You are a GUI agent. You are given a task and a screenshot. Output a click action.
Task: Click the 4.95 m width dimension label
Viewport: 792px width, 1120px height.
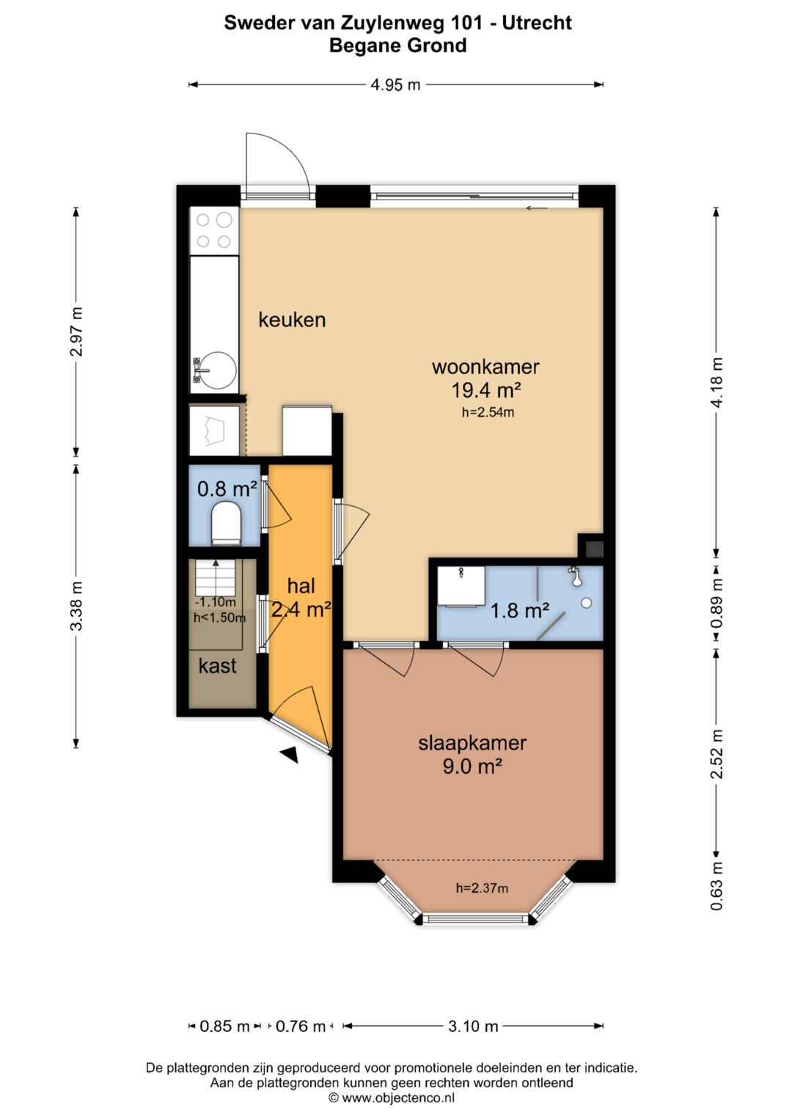(395, 85)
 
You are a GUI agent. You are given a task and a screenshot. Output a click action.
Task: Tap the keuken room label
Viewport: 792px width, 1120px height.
(292, 320)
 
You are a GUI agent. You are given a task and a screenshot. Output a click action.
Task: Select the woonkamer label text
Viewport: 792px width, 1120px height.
(485, 367)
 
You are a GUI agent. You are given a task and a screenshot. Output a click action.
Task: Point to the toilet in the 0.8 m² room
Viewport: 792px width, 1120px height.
(227, 524)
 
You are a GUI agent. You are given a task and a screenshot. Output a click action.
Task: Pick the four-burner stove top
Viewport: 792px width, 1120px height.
(214, 230)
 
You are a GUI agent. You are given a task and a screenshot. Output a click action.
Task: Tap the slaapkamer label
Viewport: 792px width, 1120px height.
(472, 744)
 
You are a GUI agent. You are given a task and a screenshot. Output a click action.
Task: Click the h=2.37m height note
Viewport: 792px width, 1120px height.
(482, 888)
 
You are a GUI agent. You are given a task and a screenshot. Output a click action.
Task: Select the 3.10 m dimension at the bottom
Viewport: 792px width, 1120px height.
(473, 1026)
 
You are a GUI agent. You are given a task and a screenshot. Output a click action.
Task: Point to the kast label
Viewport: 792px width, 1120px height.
(218, 665)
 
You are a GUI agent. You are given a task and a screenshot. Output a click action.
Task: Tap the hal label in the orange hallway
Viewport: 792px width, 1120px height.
(301, 586)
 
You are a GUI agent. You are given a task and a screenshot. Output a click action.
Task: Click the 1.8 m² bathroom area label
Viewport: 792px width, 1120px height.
(519, 610)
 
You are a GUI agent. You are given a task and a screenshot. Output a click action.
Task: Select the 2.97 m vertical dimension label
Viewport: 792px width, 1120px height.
(76, 332)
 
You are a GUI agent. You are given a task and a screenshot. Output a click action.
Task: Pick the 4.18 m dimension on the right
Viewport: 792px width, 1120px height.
(716, 382)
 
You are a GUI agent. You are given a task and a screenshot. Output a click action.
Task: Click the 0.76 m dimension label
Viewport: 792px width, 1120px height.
(301, 1026)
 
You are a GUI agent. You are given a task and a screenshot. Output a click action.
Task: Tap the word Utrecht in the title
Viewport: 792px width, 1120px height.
(537, 23)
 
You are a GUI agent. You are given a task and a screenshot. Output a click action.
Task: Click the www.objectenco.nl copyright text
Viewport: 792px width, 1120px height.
(392, 1097)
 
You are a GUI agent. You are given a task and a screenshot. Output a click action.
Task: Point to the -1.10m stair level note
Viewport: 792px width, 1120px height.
(215, 602)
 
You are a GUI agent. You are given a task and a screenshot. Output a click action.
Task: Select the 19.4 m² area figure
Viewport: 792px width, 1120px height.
(486, 390)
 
